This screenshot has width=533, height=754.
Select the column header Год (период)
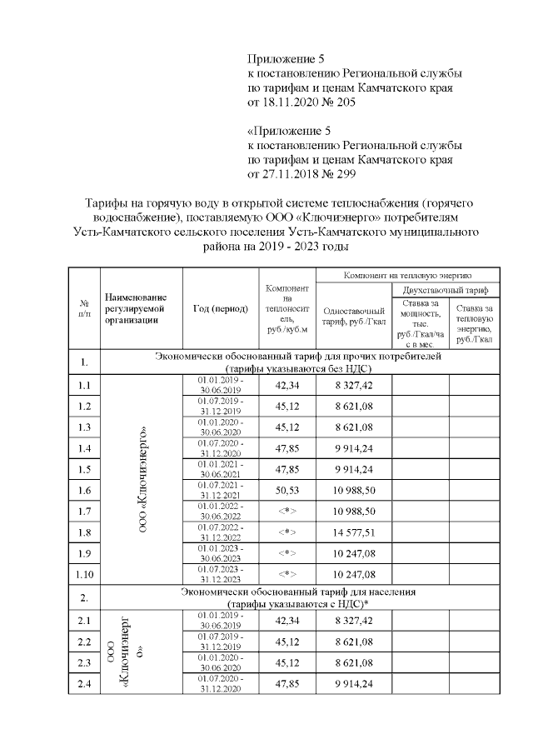220,309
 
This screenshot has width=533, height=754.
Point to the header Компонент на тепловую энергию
407,273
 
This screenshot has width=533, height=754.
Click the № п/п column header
83,309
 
